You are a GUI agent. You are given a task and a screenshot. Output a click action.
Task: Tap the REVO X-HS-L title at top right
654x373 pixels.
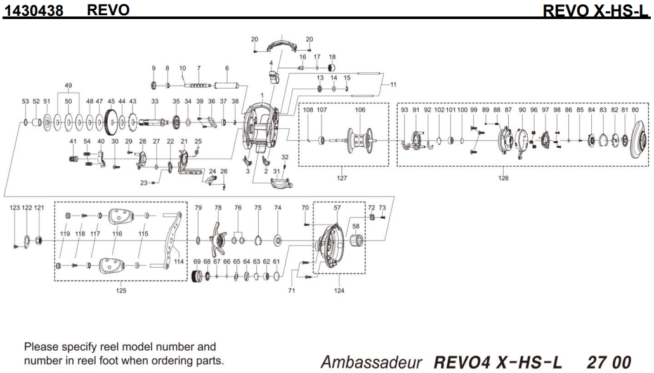pyautogui.click(x=596, y=11)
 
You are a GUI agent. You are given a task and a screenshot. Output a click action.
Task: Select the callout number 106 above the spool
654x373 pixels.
pyautogui.click(x=360, y=110)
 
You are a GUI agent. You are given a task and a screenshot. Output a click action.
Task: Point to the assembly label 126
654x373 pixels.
pyautogui.click(x=503, y=178)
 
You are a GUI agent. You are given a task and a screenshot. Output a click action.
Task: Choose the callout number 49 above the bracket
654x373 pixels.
pyautogui.click(x=68, y=85)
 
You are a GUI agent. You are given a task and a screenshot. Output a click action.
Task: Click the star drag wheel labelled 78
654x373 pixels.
pyautogui.click(x=217, y=240)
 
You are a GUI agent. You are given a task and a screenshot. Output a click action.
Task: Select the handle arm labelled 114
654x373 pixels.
pyautogui.click(x=173, y=242)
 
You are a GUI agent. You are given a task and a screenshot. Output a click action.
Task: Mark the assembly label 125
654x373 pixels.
pyautogui.click(x=121, y=291)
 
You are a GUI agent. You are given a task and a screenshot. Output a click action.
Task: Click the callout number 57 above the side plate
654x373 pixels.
pyautogui.click(x=337, y=208)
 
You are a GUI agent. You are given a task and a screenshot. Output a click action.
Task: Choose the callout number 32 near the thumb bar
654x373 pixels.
pyautogui.click(x=285, y=156)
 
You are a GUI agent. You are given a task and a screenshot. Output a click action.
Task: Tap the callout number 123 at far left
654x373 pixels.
pyautogui.click(x=15, y=208)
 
